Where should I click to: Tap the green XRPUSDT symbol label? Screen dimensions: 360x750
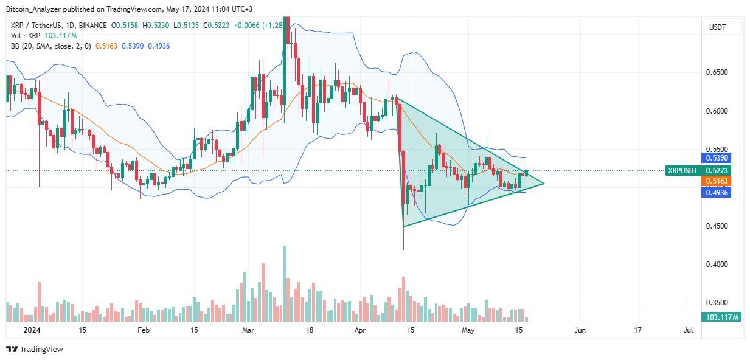tap(682, 171)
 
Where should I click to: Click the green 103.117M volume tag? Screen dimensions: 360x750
tap(721, 317)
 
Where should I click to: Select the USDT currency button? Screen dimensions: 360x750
tap(722, 27)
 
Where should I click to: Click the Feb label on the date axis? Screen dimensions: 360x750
tap(143, 330)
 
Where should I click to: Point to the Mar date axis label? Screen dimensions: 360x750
tap(248, 330)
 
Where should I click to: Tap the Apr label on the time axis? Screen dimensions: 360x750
tap(359, 330)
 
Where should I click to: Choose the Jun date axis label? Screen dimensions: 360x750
tap(580, 330)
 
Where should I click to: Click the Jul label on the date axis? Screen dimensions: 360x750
tap(688, 330)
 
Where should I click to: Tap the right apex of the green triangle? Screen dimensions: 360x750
tap(543, 183)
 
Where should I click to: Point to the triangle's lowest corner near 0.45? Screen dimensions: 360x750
tap(404, 227)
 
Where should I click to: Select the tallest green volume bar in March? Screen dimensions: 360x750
tap(284, 283)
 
